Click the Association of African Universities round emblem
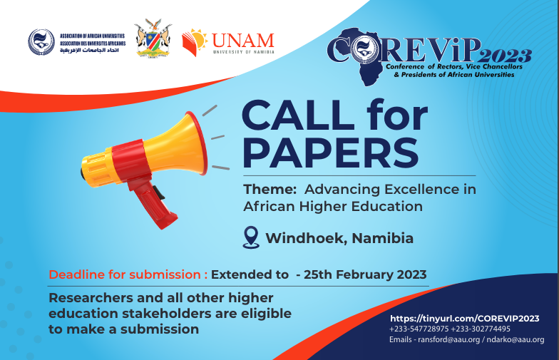(x=41, y=42)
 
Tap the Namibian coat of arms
(x=153, y=38)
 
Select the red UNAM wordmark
(x=242, y=41)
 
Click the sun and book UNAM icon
(x=194, y=43)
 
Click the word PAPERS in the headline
(x=331, y=153)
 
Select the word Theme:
(x=270, y=189)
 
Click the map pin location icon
(x=251, y=237)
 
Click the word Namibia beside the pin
(x=382, y=238)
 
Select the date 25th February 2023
(x=365, y=274)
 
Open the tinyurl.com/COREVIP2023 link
(x=465, y=318)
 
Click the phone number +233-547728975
(x=419, y=329)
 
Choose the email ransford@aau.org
(x=449, y=339)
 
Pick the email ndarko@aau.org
(x=516, y=339)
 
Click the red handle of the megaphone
(x=151, y=203)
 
